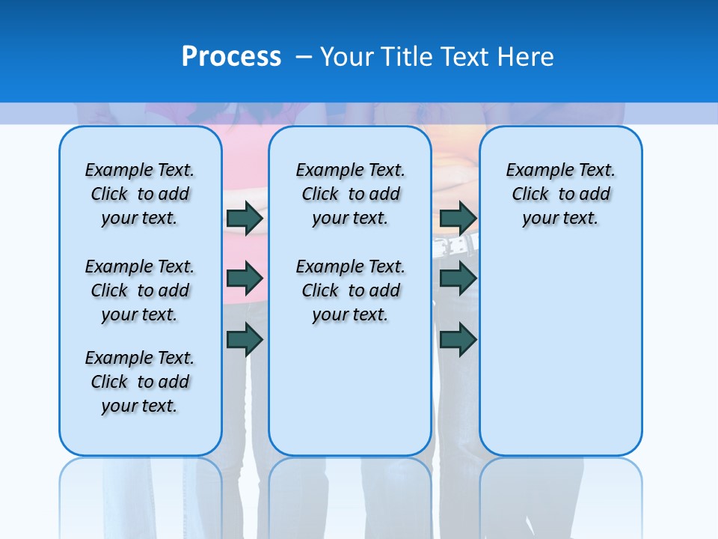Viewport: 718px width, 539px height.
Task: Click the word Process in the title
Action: pos(231,57)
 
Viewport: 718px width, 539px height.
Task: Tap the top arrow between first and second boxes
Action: pos(245,218)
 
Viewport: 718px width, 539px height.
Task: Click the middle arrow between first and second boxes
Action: pos(245,278)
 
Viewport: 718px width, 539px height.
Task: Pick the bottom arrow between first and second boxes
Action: pos(245,340)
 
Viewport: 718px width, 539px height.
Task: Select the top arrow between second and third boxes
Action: pos(458,218)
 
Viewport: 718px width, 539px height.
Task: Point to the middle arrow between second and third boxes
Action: pos(458,278)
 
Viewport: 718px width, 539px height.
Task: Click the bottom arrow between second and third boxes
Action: pos(458,340)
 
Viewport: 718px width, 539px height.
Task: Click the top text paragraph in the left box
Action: pos(140,194)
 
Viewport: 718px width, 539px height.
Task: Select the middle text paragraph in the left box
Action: pos(140,290)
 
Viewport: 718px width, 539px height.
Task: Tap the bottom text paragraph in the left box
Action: pos(140,382)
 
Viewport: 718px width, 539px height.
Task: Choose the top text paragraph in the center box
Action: pos(350,194)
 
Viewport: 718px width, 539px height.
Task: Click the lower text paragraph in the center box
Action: pos(350,290)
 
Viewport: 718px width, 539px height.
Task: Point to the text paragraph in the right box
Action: pos(560,194)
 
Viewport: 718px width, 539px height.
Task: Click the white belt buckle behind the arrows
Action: pos(467,243)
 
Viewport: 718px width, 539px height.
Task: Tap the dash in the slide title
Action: pos(304,57)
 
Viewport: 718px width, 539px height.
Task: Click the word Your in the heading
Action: pos(348,57)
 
